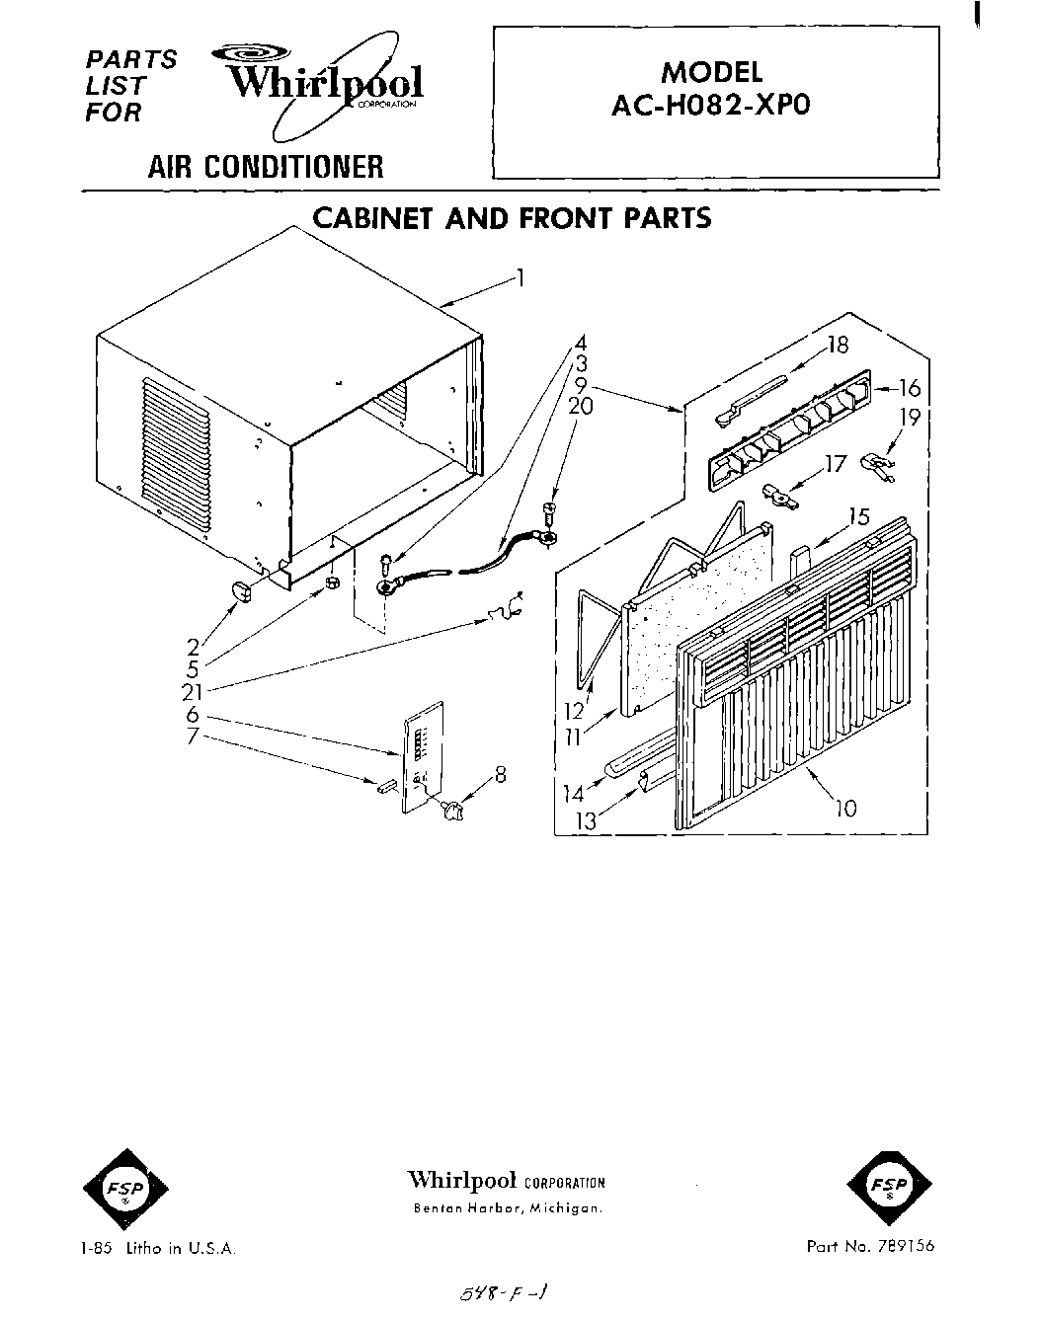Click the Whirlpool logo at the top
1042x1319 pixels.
[321, 81]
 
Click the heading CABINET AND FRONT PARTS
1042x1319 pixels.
[512, 218]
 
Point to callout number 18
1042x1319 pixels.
[838, 347]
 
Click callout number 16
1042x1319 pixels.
[909, 389]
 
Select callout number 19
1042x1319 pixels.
[910, 418]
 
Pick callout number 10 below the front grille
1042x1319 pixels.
[844, 809]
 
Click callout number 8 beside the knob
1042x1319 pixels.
[501, 777]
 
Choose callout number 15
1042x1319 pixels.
[857, 516]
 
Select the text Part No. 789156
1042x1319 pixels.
[869, 1247]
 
